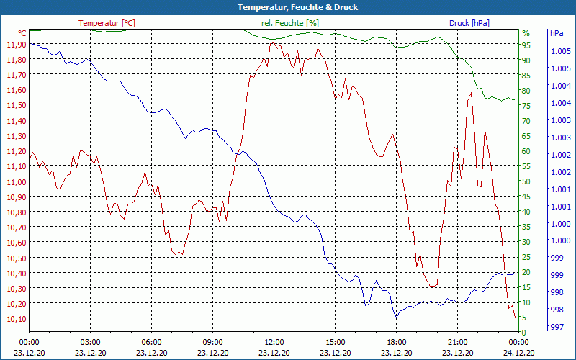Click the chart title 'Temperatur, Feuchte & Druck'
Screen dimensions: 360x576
click(287, 7)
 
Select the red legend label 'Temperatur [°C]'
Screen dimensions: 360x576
click(107, 23)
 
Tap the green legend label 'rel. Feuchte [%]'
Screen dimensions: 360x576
click(289, 23)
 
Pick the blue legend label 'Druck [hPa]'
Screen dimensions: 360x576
click(469, 23)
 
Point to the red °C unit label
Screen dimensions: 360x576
click(22, 33)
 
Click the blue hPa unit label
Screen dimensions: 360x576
click(557, 33)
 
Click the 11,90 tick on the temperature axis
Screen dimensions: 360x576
click(16, 45)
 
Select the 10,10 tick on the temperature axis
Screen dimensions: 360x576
click(16, 318)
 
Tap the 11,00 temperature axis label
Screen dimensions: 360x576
click(16, 181)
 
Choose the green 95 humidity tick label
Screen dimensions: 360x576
click(526, 45)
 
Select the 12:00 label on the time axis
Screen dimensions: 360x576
click(274, 342)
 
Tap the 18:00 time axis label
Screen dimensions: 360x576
click(396, 342)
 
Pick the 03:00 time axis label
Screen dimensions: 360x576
click(90, 342)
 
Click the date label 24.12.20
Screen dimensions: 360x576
click(518, 353)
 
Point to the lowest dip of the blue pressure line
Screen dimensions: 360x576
click(395, 317)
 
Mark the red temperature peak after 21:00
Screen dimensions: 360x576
click(471, 93)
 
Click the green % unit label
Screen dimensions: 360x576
click(526, 33)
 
